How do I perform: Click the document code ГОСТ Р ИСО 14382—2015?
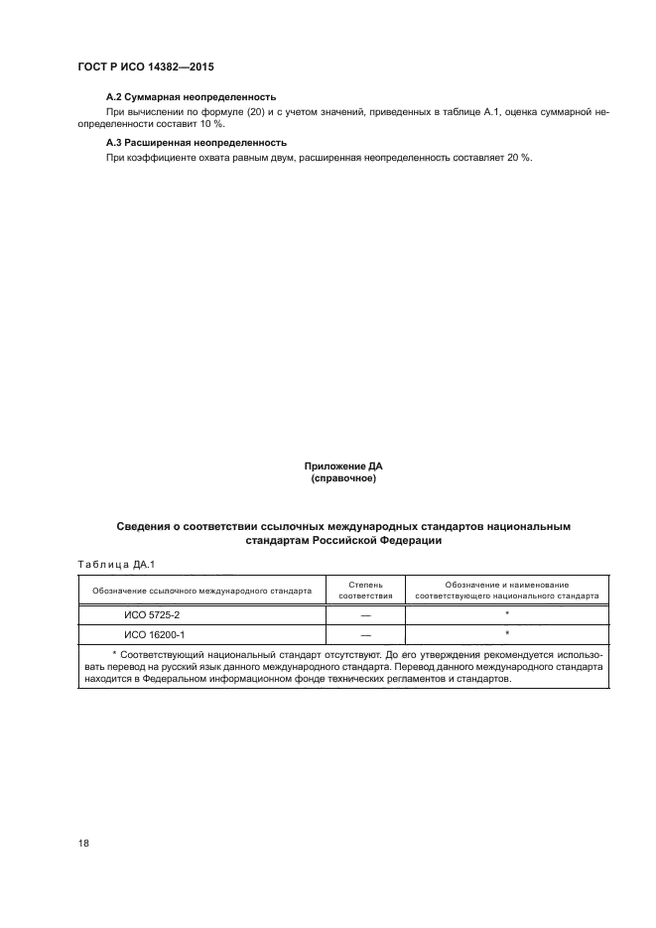click(x=146, y=66)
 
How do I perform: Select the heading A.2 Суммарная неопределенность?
click(x=190, y=97)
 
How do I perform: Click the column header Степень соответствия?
click(x=366, y=591)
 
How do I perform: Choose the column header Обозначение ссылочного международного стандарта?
click(x=201, y=591)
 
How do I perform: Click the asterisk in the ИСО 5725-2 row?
click(x=506, y=614)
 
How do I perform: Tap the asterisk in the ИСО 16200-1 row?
click(x=506, y=633)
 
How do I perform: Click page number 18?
click(x=83, y=843)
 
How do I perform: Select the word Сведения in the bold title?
click(x=146, y=527)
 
